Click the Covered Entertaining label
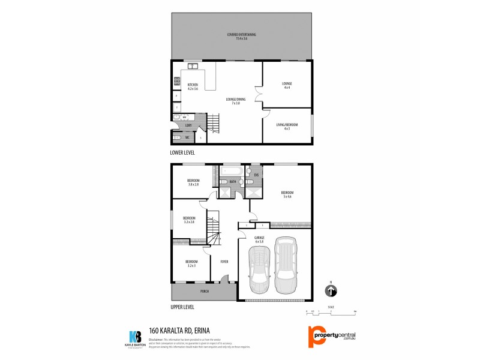coord(242,36)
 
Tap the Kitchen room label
coord(193,87)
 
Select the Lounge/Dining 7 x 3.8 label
coord(236,101)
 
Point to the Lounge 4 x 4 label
coord(287,85)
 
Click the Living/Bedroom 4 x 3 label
coord(287,127)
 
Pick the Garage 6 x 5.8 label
coord(259,239)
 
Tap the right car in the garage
coord(286,266)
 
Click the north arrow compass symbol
coord(330,291)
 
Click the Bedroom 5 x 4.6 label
coord(287,194)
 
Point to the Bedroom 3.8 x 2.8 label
coord(193,182)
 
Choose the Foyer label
coord(224,262)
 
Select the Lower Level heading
coord(183,152)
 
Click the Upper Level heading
coord(182,307)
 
